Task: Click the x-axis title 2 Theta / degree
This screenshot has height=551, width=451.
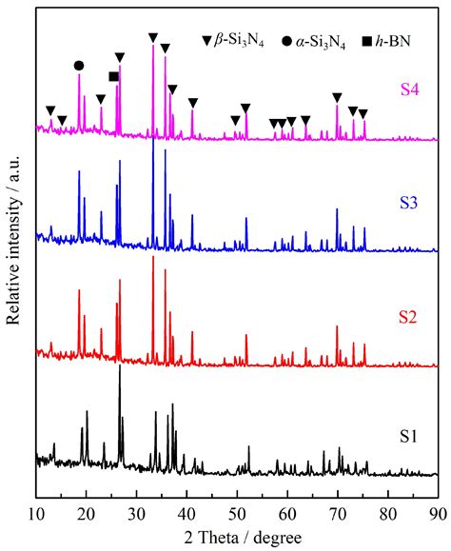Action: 237,537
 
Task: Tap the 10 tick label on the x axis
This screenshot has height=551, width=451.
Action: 36,513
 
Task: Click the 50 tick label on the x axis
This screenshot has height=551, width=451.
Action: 237,513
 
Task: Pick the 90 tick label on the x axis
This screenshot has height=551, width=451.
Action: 437,513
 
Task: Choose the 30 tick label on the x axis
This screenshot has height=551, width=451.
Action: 137,513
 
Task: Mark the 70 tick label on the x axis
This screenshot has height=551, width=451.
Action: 337,513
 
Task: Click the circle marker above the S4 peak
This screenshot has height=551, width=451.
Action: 79,65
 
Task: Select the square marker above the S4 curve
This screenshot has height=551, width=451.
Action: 114,76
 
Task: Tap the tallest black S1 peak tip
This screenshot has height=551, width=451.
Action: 120,368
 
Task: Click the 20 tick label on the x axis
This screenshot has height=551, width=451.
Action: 87,513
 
